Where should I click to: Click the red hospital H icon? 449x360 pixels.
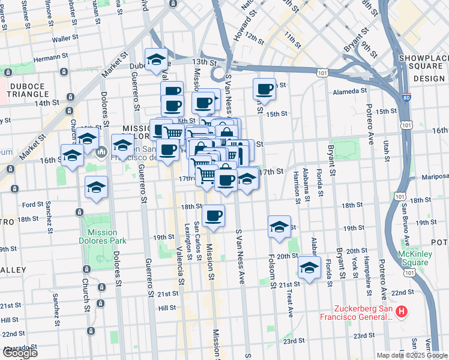click(402, 312)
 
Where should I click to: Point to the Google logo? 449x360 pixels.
click(19, 353)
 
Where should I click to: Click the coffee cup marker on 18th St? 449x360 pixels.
click(213, 215)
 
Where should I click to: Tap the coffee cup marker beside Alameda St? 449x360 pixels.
click(264, 89)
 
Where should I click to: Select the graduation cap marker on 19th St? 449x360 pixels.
click(279, 227)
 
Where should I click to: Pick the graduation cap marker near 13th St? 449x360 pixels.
click(156, 59)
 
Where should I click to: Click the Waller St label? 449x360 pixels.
click(62, 38)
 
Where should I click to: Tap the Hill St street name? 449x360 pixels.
click(166, 308)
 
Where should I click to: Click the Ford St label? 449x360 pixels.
click(29, 204)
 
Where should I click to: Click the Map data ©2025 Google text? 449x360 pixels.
click(411, 355)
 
